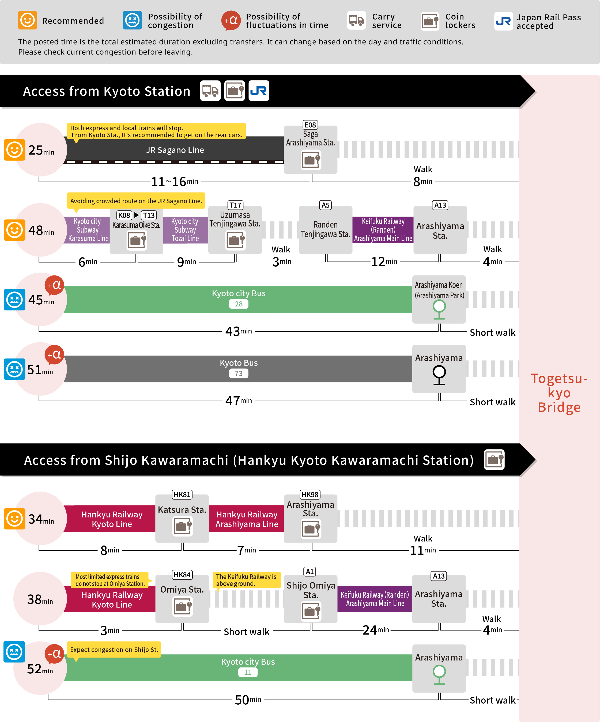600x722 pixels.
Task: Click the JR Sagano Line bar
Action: click(175, 150)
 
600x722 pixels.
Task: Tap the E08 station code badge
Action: click(310, 125)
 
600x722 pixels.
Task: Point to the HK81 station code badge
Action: click(182, 495)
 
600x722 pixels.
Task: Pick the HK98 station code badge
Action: click(310, 495)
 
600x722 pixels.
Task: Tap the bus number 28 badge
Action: click(239, 304)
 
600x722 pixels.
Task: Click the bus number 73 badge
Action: click(239, 373)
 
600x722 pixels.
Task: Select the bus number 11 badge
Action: click(248, 672)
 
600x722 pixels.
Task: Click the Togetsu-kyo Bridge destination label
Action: click(559, 393)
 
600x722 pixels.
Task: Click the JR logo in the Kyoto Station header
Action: click(259, 91)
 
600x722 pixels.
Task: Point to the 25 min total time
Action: click(41, 150)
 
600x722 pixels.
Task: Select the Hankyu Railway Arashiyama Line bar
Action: click(247, 519)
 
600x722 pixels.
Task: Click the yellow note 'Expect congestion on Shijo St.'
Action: click(114, 650)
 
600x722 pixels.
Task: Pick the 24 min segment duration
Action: click(376, 630)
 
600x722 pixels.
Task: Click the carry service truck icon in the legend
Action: click(357, 21)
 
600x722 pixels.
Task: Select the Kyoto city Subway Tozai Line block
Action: click(186, 230)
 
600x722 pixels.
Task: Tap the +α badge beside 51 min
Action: click(54, 355)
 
